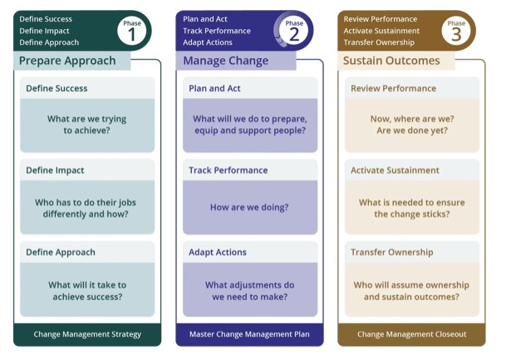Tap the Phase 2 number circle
296,31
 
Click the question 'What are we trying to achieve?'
87,125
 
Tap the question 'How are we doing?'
249,207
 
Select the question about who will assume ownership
412,289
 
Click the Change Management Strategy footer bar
87,334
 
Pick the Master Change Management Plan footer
249,334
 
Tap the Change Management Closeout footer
412,334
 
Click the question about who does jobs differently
87,207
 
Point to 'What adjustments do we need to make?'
249,289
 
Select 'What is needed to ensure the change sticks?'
412,207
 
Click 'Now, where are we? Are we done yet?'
412,125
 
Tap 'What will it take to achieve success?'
87,289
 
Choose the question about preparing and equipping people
249,125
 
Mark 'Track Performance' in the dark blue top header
217,31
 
